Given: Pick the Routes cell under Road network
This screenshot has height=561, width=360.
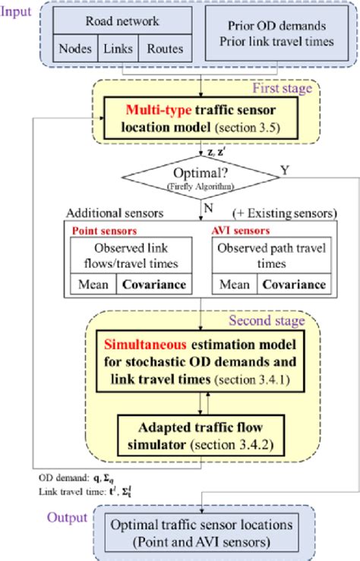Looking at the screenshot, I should (x=165, y=49).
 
